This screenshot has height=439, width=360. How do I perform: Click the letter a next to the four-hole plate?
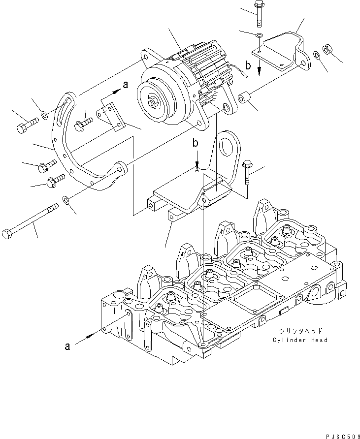pos(125,85)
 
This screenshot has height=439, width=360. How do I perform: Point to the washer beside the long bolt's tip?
pos(66,200)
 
